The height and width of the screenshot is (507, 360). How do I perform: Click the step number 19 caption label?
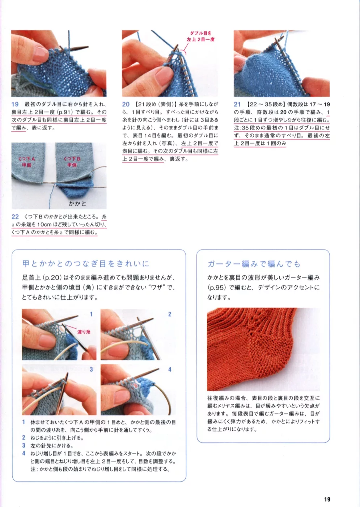pyautogui.click(x=15, y=104)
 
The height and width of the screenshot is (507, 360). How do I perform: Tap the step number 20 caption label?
pyautogui.click(x=126, y=104)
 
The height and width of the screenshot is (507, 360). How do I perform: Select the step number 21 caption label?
pyautogui.click(x=237, y=104)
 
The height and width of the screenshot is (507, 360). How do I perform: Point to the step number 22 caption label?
pyautogui.click(x=15, y=217)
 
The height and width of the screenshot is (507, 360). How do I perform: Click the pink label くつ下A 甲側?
pyautogui.click(x=27, y=162)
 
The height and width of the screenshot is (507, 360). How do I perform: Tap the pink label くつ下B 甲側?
pyautogui.click(x=72, y=162)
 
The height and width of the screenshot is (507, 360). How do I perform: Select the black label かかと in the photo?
pyautogui.click(x=77, y=203)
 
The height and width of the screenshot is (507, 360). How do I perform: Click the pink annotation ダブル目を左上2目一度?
pyautogui.click(x=200, y=36)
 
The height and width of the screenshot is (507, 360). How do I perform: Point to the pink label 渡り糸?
pyautogui.click(x=84, y=332)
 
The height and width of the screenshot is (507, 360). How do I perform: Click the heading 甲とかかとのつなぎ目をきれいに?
pyautogui.click(x=86, y=264)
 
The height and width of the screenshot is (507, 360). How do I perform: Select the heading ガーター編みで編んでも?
pyautogui.click(x=254, y=264)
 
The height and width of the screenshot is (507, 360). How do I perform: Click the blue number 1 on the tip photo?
pyautogui.click(x=91, y=314)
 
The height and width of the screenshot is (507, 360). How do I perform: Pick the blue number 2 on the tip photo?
pyautogui.click(x=170, y=314)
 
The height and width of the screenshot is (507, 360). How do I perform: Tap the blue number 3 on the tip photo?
pyautogui.click(x=91, y=369)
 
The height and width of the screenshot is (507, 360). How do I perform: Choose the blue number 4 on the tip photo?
pyautogui.click(x=170, y=369)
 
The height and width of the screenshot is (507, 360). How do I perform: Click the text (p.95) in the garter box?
pyautogui.click(x=217, y=287)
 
